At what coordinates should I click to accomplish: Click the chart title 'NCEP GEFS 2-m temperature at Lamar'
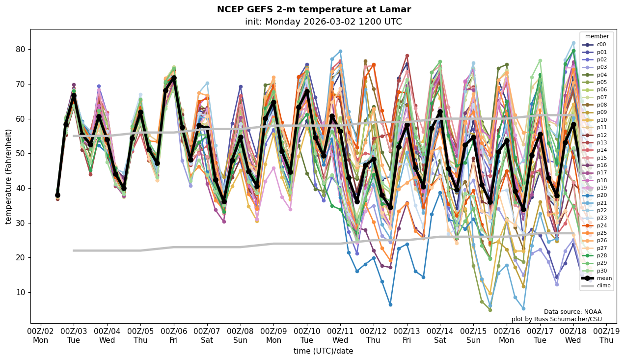[x=314, y=9]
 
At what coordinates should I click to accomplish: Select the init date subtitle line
[x=323, y=22]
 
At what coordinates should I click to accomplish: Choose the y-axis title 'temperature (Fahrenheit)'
[x=8, y=176]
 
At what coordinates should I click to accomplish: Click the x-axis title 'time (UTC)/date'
[x=323, y=351]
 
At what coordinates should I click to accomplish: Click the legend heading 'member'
[x=597, y=36]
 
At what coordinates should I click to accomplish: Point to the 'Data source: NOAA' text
[x=572, y=312]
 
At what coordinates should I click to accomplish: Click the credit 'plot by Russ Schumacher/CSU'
[x=556, y=319]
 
